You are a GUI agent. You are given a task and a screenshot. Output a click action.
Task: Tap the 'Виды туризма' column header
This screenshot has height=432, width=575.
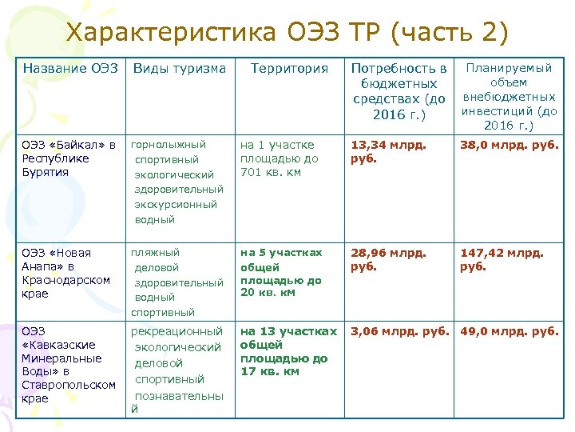(x=179, y=69)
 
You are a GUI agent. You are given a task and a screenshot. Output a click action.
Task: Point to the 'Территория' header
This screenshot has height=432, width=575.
(x=289, y=69)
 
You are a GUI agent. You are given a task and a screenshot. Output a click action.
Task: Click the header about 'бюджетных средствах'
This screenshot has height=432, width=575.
(x=399, y=91)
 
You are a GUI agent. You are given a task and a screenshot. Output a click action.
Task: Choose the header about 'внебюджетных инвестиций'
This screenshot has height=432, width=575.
(x=509, y=97)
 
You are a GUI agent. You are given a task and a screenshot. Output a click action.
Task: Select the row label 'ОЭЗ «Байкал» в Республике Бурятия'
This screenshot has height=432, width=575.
(x=69, y=158)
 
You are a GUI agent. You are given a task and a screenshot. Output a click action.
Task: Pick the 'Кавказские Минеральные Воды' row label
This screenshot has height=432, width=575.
(x=69, y=364)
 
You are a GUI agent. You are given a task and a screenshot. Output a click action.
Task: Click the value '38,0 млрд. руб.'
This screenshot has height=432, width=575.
(x=509, y=145)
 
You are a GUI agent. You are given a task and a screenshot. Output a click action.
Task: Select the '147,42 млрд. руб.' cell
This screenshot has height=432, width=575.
(x=502, y=259)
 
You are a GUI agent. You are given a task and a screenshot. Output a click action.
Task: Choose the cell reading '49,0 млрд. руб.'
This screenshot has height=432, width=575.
(x=509, y=331)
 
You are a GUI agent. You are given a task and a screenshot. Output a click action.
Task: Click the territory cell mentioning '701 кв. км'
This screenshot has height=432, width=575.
(x=279, y=158)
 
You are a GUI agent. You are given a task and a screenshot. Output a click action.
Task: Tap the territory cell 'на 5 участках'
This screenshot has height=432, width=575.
(x=282, y=273)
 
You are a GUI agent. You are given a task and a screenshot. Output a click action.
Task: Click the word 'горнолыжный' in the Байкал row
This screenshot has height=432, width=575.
(x=169, y=145)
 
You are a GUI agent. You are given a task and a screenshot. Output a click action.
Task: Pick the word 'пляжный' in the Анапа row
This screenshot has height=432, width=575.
(x=156, y=253)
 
